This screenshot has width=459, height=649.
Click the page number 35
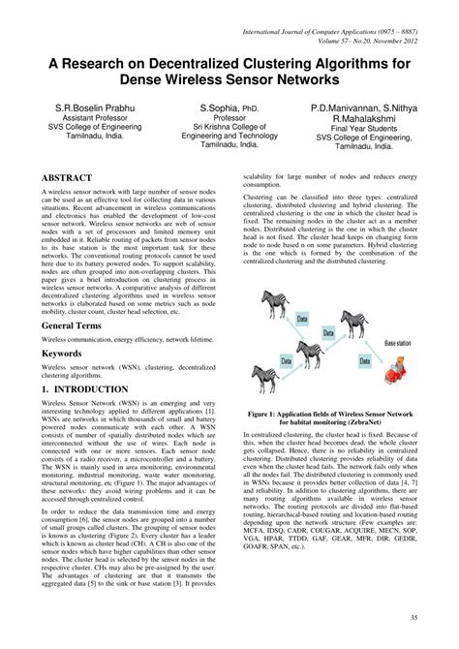(x=413, y=618)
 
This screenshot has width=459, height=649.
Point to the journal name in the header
(x=338, y=33)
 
